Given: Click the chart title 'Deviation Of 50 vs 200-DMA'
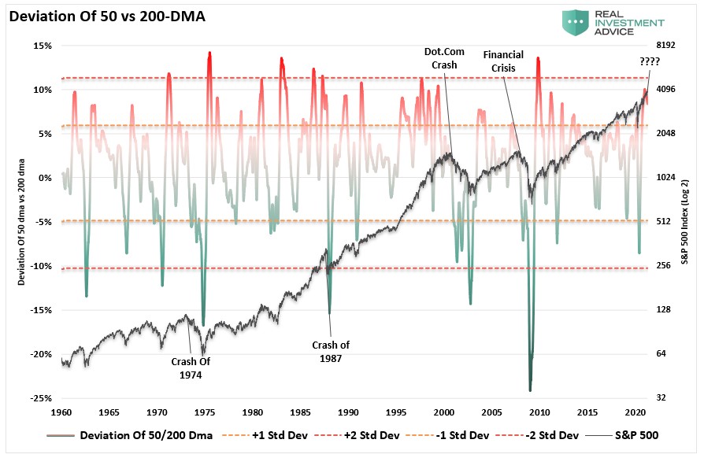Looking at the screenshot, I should tap(107, 14).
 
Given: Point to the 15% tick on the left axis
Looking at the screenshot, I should tap(42, 46).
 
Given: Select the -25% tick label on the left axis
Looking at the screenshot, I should tap(40, 397).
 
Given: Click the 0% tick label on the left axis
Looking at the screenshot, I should tap(44, 178).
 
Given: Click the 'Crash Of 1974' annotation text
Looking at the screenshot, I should tap(190, 368).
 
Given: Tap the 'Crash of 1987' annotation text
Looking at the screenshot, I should tap(331, 351).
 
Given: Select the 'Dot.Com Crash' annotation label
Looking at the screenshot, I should tap(444, 58).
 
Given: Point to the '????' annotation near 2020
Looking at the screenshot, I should tap(650, 61).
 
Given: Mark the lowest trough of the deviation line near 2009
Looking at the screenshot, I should tap(530, 390).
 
